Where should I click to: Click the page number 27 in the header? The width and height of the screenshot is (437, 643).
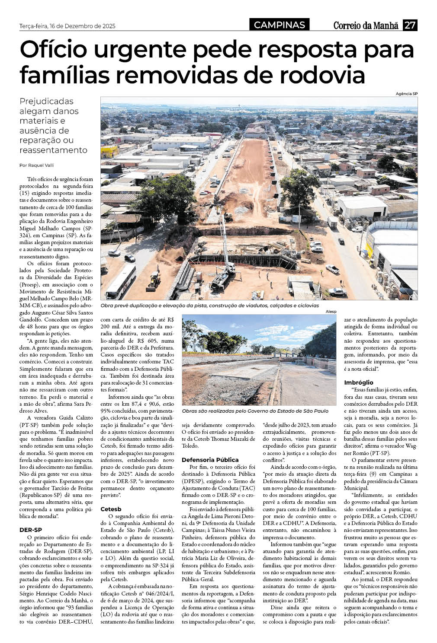click(x=410, y=25)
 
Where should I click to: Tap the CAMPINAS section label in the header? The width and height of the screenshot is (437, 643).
click(x=279, y=25)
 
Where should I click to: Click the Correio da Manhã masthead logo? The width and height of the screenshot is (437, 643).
click(x=366, y=25)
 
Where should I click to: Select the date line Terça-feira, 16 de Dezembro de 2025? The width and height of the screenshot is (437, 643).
click(x=67, y=26)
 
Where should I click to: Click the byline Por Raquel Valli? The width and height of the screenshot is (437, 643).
click(x=37, y=165)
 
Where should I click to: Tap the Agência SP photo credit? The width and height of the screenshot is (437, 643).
click(x=407, y=94)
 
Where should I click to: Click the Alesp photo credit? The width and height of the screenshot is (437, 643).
click(x=331, y=312)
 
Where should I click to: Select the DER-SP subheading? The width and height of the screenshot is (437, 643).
click(x=31, y=529)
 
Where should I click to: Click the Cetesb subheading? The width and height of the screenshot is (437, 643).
click(x=111, y=509)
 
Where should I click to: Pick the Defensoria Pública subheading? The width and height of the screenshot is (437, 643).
click(x=210, y=459)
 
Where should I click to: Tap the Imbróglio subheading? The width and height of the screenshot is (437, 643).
click(x=359, y=382)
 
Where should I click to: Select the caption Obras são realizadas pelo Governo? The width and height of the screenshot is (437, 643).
click(x=255, y=411)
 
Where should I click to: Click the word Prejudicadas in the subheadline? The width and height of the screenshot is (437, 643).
click(x=47, y=101)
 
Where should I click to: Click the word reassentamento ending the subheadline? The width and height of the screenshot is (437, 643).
click(x=53, y=150)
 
